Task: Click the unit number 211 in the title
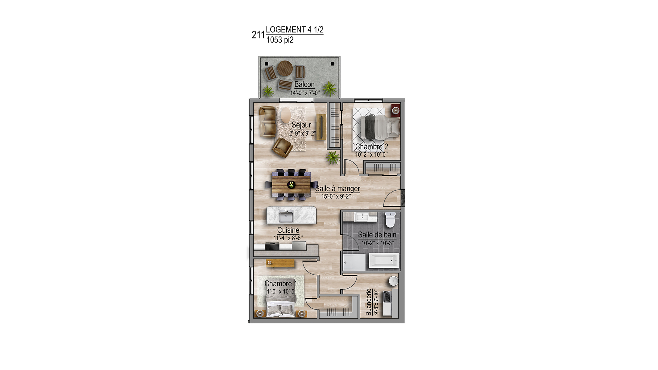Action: click(258, 35)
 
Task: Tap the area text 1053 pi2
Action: click(280, 40)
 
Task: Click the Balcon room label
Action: click(304, 84)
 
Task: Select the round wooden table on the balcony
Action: click(285, 68)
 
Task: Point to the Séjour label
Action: click(301, 125)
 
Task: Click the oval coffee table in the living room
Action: click(286, 115)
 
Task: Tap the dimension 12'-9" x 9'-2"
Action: click(301, 134)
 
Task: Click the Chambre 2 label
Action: click(372, 147)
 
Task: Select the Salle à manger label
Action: click(337, 189)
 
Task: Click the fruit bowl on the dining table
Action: click(291, 185)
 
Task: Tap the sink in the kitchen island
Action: click(286, 217)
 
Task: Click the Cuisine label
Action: click(288, 230)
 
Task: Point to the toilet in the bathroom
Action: click(390, 219)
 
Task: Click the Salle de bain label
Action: click(377, 235)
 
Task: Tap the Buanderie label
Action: click(368, 302)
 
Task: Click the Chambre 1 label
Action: click(281, 284)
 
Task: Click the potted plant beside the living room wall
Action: click(333, 158)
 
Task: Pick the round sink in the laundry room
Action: click(393, 281)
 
